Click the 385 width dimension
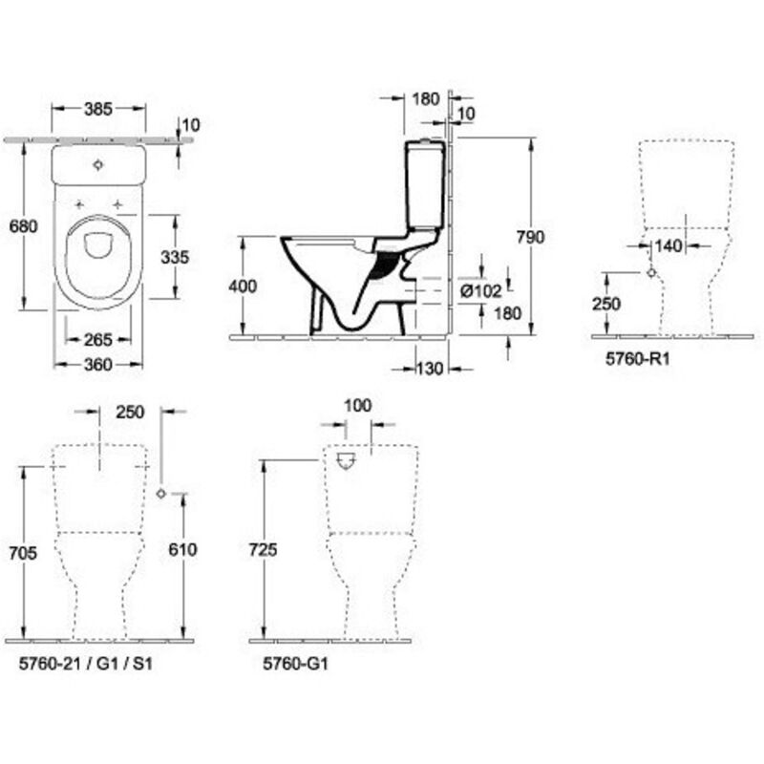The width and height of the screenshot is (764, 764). [97, 109]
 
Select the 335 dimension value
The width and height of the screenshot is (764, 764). [176, 257]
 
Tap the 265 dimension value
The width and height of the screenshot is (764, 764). [98, 339]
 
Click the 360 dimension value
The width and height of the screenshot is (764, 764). [97, 364]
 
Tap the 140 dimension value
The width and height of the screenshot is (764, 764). [670, 246]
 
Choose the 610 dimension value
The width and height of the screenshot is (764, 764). [181, 549]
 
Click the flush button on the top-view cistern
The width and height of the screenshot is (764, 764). [98, 165]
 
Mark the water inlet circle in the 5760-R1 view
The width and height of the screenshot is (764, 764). [651, 272]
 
